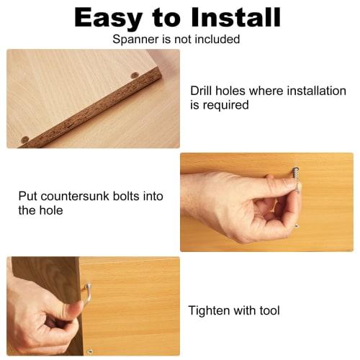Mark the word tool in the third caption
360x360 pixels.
pyautogui.click(x=267, y=311)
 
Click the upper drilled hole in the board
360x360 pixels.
pyautogui.click(x=135, y=76)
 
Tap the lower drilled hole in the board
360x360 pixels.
pyautogui.click(x=25, y=139)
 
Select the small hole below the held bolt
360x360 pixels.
pyautogui.click(x=297, y=226)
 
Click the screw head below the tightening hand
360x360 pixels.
pyautogui.click(x=89, y=351)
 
